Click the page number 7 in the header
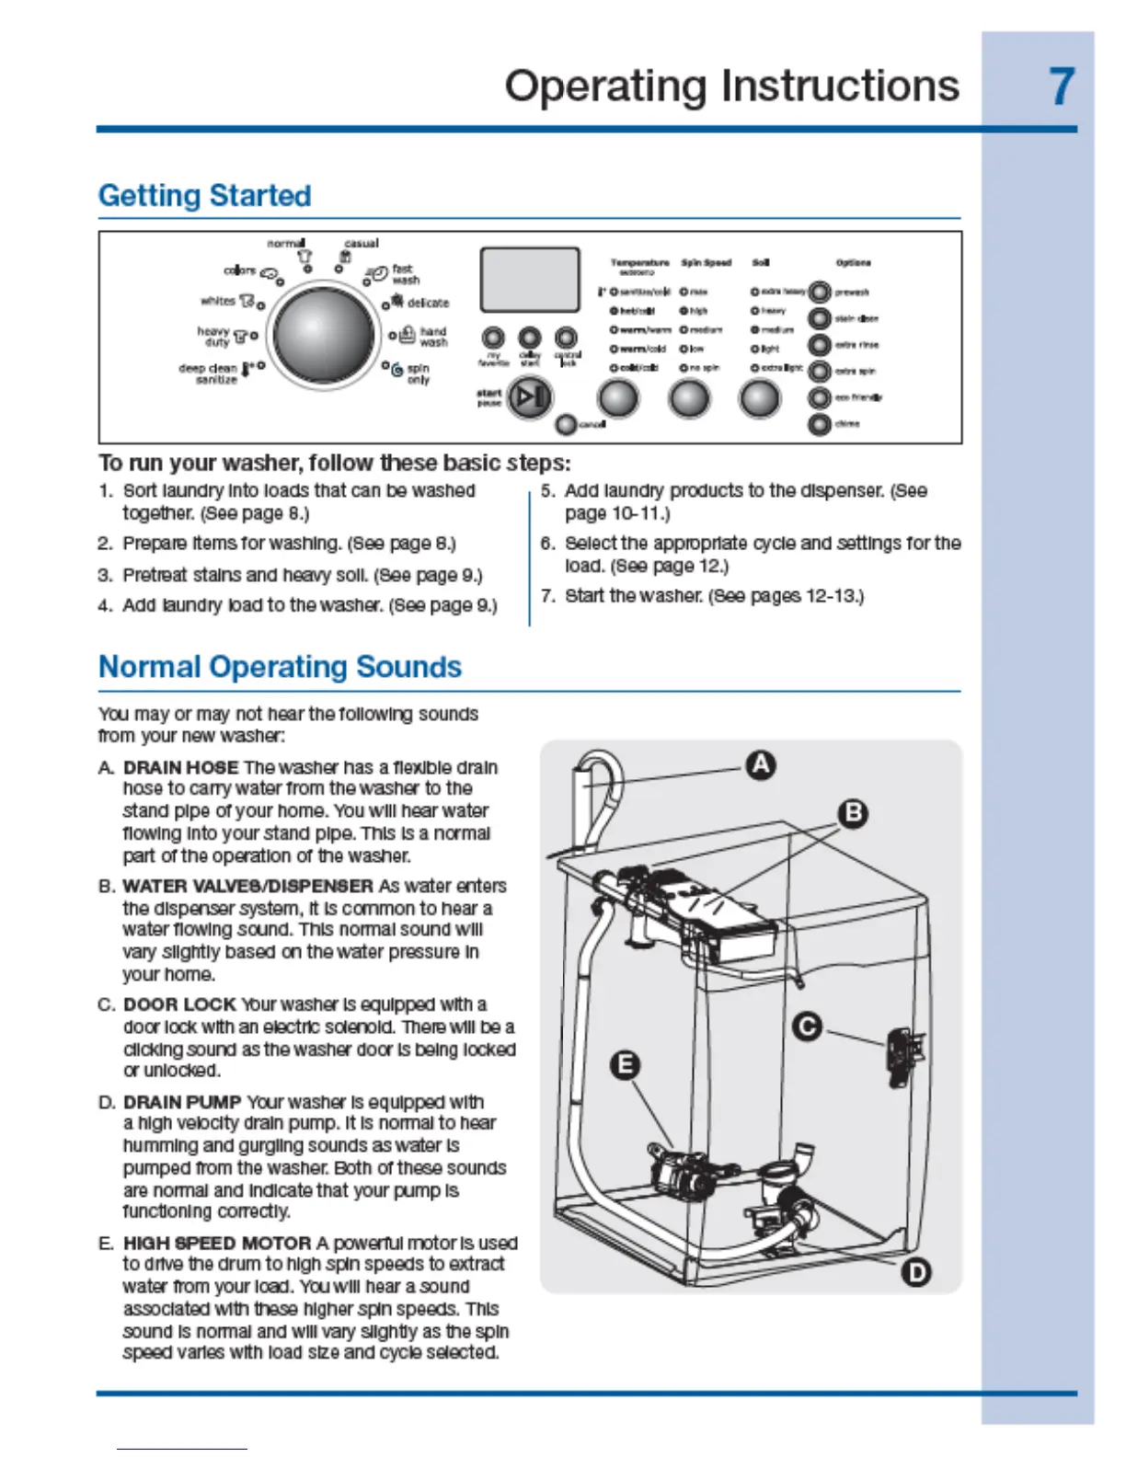click(x=1062, y=86)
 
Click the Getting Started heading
click(x=204, y=196)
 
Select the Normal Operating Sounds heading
click(x=280, y=667)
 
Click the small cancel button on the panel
click(x=567, y=424)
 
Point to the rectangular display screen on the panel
click(x=530, y=280)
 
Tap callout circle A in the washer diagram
click(x=760, y=765)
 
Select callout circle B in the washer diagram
click(x=854, y=813)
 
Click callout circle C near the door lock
click(x=808, y=1026)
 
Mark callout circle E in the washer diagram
click(x=625, y=1065)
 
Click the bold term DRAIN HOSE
click(x=181, y=767)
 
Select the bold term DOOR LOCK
click(x=179, y=1004)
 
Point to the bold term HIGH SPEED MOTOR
click(x=217, y=1243)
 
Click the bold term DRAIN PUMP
click(x=182, y=1102)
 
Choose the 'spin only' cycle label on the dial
click(x=418, y=373)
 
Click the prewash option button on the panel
click(x=819, y=293)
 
